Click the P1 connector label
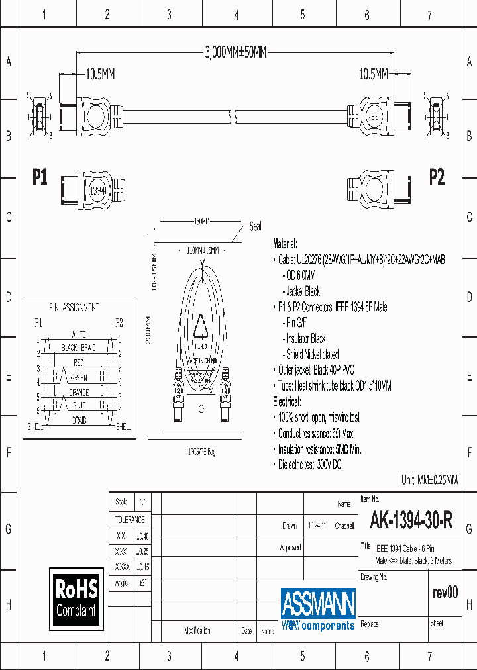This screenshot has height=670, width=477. (x=40, y=177)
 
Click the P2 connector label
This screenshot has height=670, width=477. (x=437, y=177)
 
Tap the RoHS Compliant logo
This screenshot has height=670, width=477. (x=76, y=598)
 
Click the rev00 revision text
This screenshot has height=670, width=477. (x=445, y=593)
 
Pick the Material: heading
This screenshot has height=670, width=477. (x=286, y=244)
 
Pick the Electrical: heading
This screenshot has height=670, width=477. (x=287, y=402)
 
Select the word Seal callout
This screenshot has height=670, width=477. (x=255, y=226)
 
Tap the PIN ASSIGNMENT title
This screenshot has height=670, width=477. (x=74, y=307)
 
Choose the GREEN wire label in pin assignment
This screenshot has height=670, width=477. (x=79, y=378)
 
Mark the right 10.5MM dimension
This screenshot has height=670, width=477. (x=374, y=75)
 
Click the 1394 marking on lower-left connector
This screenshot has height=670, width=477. (x=98, y=189)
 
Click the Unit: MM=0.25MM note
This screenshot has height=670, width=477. (x=429, y=480)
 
